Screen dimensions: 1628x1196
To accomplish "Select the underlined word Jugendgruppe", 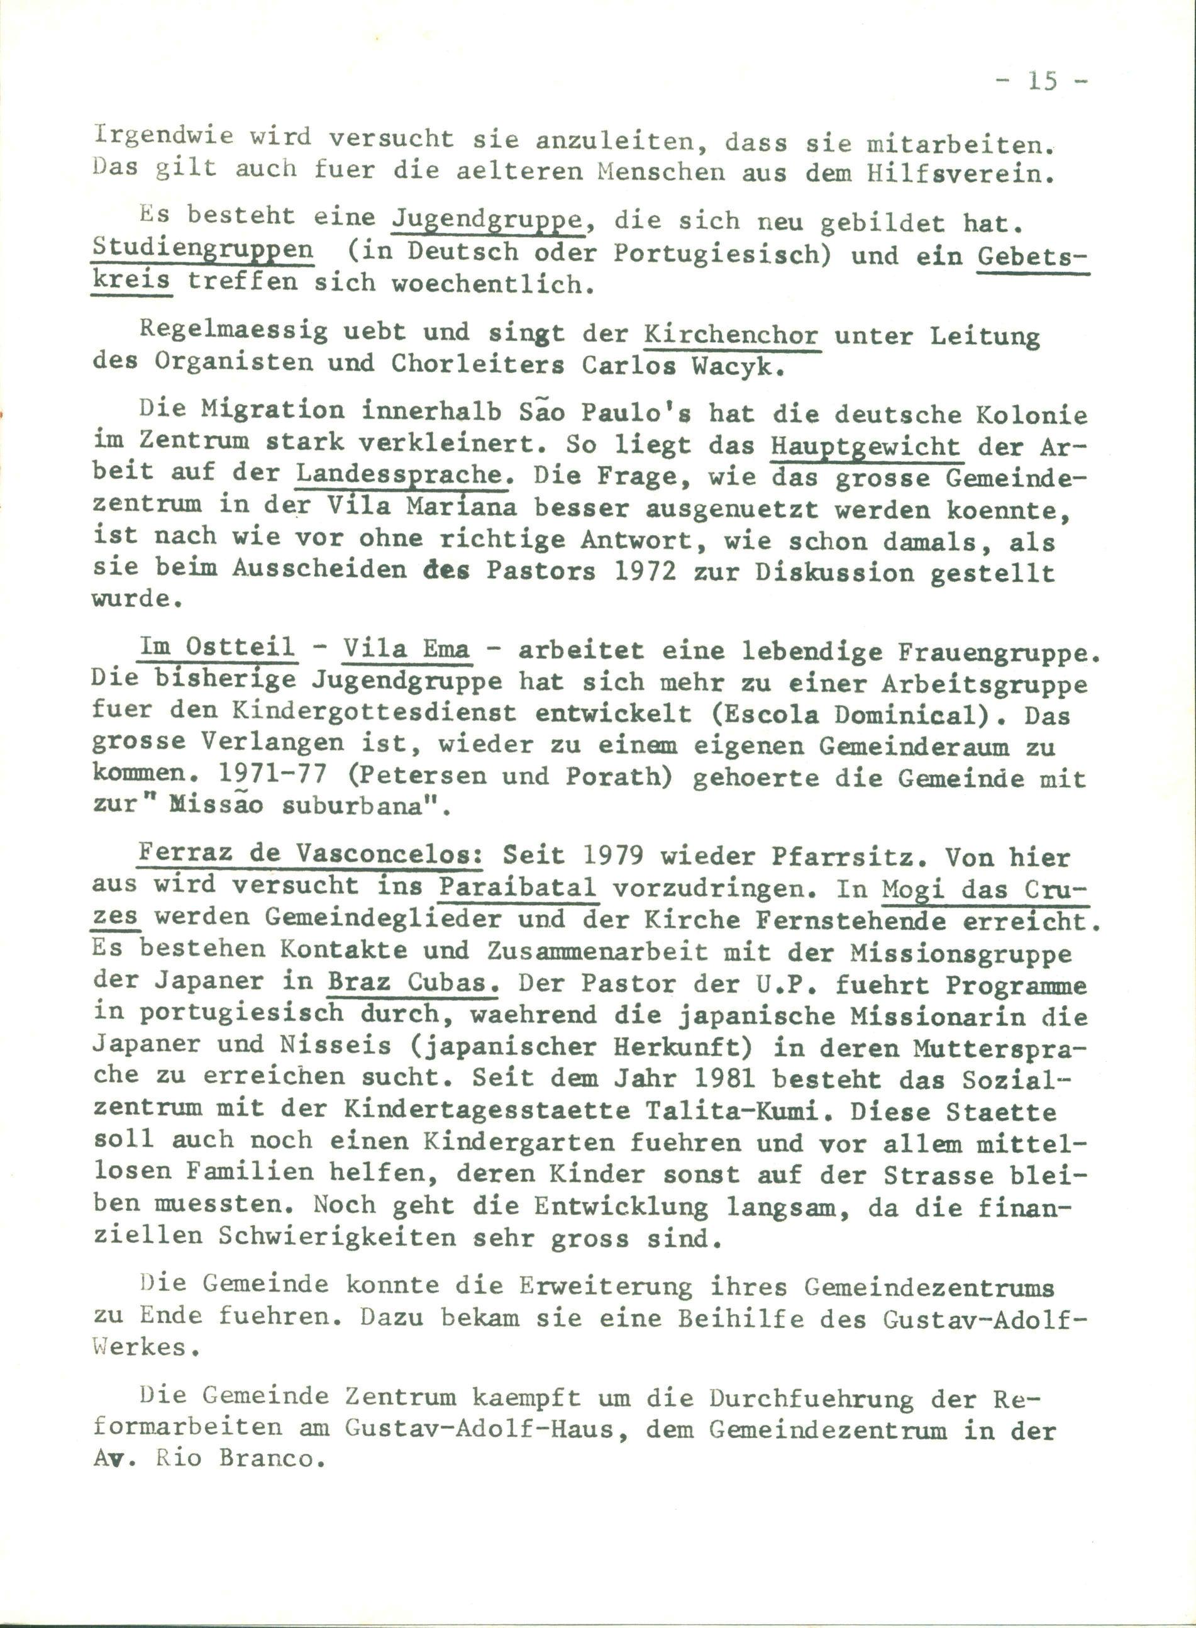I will point(488,217).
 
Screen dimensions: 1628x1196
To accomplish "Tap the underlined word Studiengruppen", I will point(202,249).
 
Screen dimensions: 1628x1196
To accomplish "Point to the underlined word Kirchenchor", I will point(731,335).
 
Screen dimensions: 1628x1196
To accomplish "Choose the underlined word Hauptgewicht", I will point(865,445).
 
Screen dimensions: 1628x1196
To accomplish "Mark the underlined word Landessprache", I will point(399,474).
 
